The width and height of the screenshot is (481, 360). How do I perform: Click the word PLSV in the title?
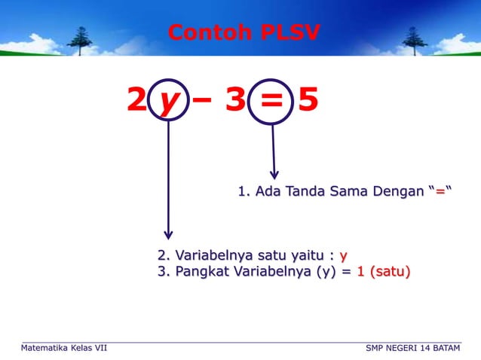click(290, 32)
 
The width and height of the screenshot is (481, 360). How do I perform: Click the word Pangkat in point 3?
click(201, 271)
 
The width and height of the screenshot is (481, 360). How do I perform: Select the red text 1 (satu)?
click(384, 271)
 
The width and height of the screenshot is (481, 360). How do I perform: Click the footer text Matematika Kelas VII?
click(64, 348)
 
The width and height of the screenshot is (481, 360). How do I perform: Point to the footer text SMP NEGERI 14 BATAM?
click(412, 348)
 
